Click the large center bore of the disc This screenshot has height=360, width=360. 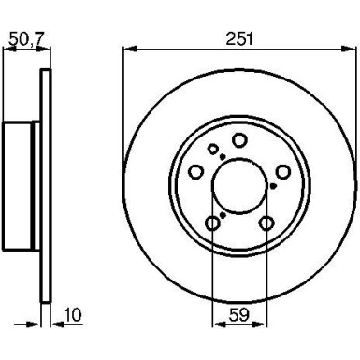[239, 184]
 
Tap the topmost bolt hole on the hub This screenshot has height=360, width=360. [239, 140]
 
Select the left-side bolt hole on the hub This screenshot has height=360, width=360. [197, 171]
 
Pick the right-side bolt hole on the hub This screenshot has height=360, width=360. [282, 171]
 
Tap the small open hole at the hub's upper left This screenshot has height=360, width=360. [214, 149]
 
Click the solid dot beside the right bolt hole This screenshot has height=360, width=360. [272, 185]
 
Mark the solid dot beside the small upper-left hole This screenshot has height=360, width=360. [221, 156]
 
